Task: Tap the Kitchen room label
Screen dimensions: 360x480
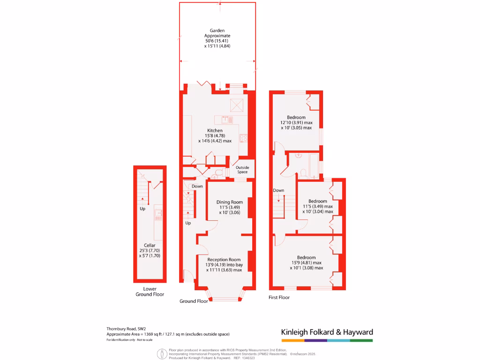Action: pos(215,131)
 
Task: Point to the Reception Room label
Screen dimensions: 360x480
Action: pos(224,260)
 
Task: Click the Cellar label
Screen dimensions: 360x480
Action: pos(150,245)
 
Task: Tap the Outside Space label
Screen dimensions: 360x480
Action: pos(242,170)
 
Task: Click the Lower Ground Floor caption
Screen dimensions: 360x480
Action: pos(150,292)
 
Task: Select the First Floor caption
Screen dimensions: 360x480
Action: pos(279,298)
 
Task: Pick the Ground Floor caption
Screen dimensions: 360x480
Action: pos(194,301)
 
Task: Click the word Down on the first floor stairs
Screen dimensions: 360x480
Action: pos(278,191)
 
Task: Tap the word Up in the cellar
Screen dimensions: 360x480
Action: pos(142,209)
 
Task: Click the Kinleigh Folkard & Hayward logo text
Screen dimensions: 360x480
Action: pos(327,332)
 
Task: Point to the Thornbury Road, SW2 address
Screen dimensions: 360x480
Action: pos(126,329)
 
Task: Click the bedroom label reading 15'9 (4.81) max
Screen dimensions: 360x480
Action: pos(307,262)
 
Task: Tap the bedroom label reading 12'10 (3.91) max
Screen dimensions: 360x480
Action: pos(296,122)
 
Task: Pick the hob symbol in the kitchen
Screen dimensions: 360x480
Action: pos(244,138)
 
